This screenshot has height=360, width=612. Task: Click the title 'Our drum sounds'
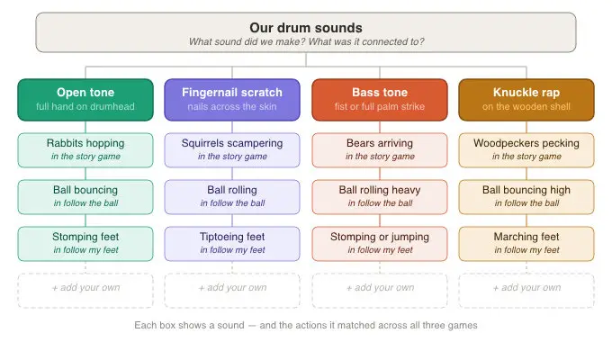306,28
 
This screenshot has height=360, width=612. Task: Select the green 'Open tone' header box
85,100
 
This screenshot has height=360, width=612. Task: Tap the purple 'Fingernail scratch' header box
232,100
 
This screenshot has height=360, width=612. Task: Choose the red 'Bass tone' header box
380,100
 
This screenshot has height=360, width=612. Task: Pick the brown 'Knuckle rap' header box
526,100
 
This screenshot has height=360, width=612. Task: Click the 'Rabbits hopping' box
85,150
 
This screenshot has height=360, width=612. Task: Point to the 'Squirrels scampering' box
232,150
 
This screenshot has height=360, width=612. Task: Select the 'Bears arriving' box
380,150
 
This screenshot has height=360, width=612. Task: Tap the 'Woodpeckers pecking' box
526,150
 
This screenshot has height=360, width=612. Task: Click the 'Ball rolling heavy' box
380,197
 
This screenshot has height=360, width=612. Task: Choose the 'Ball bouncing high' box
526,197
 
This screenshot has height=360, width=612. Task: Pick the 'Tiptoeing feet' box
232,244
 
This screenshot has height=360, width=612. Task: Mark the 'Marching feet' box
526,244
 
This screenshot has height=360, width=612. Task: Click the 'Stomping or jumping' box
380,244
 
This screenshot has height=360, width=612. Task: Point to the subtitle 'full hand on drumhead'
85,106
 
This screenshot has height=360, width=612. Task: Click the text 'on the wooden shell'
526,106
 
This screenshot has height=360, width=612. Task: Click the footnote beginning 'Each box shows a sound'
306,325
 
